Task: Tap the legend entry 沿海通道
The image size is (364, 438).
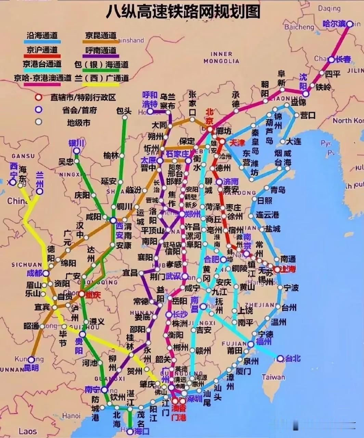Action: pos(42,35)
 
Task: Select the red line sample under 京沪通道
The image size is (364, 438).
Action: pos(42,56)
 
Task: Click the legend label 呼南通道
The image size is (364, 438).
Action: pos(101,50)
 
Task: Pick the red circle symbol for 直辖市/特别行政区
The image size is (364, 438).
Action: pos(39,97)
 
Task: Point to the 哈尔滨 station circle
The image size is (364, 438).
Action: pos(349,24)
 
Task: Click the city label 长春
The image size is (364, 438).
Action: pos(343,59)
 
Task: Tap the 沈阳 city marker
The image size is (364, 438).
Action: pos(305,94)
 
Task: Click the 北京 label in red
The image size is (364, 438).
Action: pos(209,116)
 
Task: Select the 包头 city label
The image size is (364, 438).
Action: pos(124,111)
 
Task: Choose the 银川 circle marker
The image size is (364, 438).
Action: pos(77,151)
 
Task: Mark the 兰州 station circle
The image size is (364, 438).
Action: pos(40,191)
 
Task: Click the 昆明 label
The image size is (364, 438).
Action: pos(31,368)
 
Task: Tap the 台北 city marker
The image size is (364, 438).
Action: pos(280,359)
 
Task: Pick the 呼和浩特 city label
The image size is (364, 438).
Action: pos(150,99)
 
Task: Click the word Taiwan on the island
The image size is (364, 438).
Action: pos(273,377)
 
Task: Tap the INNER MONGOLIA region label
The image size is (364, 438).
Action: pos(221,57)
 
